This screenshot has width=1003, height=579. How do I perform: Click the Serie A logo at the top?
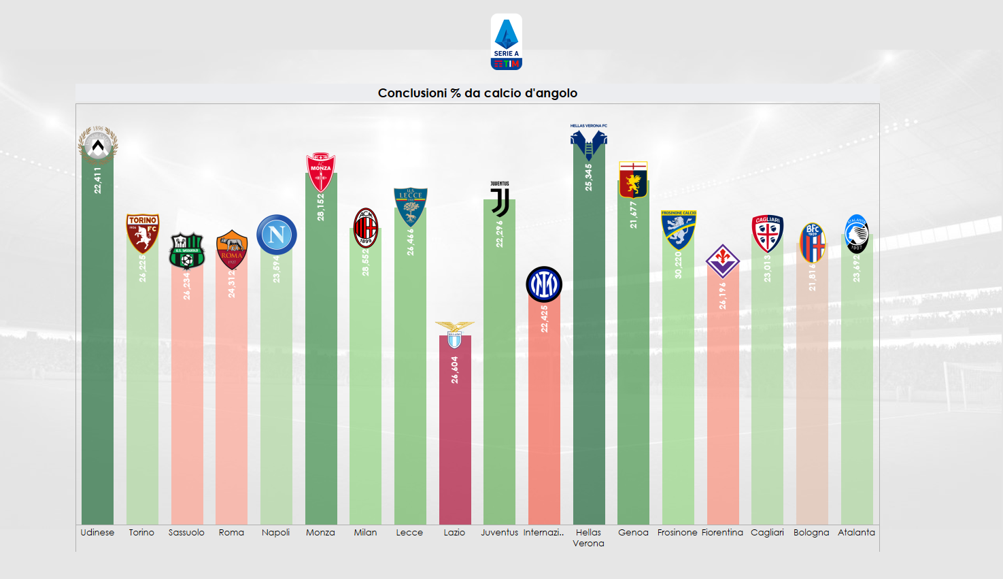click(506, 42)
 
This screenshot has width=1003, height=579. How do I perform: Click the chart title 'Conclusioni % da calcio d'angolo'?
click(477, 93)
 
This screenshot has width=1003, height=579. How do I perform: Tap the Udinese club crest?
click(98, 145)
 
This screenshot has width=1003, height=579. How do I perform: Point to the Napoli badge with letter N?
click(277, 235)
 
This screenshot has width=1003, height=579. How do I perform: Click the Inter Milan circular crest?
click(544, 284)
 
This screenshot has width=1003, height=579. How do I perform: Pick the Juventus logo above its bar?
click(500, 200)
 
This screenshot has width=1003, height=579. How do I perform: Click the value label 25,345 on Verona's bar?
click(589, 177)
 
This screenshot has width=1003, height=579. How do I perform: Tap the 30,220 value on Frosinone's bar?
click(678, 265)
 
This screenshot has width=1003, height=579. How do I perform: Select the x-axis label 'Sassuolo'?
click(186, 533)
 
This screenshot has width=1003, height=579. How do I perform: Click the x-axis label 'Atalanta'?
click(856, 533)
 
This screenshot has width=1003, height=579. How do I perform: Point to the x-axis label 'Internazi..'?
click(544, 533)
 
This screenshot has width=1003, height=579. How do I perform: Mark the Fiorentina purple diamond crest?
click(722, 261)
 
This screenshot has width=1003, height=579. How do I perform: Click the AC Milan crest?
click(366, 227)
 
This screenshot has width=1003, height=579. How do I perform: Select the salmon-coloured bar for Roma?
click(231, 408)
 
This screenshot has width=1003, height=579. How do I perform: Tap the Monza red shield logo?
click(321, 171)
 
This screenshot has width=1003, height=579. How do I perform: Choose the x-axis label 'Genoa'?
click(633, 533)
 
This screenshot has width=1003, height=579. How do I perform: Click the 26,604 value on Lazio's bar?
click(455, 369)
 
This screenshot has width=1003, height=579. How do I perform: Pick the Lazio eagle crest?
click(454, 335)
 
